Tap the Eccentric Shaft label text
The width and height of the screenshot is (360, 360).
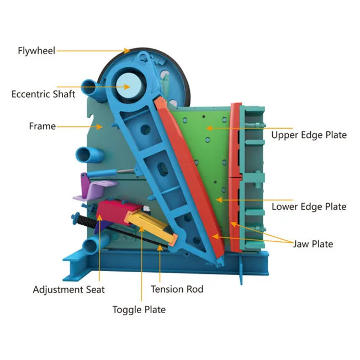click(x=43, y=94)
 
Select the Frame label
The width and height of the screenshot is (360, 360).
click(x=42, y=126)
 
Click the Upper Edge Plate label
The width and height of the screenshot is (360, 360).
click(x=309, y=135)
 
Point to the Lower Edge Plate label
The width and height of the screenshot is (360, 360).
click(x=309, y=207)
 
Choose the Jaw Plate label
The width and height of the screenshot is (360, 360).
click(x=313, y=243)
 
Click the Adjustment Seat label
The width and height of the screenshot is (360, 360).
click(x=68, y=289)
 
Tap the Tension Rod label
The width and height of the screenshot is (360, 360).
click(x=177, y=289)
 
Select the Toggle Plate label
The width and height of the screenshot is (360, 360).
click(x=139, y=309)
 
